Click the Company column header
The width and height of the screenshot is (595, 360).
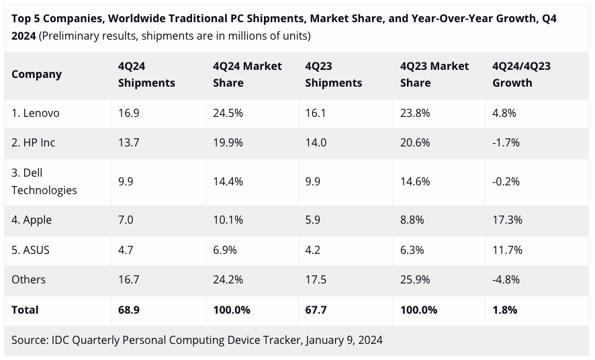(x=36, y=74)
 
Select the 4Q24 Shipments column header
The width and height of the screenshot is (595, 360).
(x=146, y=75)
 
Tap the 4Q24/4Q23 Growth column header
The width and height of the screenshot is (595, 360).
(x=521, y=75)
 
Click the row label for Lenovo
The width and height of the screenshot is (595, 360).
(x=36, y=113)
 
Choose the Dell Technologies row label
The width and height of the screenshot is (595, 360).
(x=44, y=181)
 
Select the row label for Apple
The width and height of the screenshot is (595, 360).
(x=32, y=220)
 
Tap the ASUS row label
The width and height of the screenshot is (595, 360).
(x=30, y=250)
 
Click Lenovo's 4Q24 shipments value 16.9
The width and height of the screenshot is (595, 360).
(x=128, y=113)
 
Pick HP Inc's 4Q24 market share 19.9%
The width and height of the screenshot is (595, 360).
(x=228, y=143)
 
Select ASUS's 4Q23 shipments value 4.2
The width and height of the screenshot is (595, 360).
(x=314, y=250)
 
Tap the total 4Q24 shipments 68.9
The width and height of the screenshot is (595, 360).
(x=128, y=310)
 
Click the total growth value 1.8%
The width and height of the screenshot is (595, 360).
(x=505, y=310)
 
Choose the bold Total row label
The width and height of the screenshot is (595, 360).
(x=25, y=310)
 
